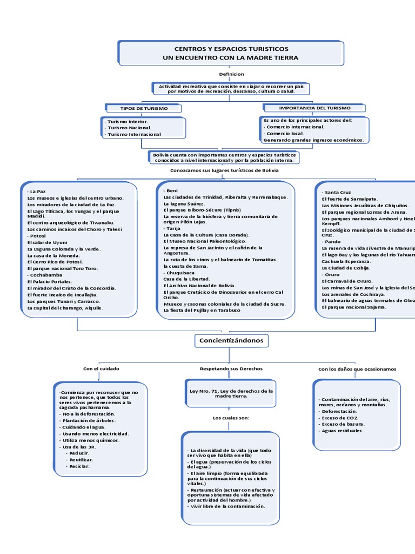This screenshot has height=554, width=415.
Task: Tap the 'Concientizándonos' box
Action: coord(231,340)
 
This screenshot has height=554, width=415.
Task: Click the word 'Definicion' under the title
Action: coord(231,74)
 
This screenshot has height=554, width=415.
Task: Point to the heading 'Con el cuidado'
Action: coord(101,368)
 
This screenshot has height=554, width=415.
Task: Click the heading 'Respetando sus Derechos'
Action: coord(231,368)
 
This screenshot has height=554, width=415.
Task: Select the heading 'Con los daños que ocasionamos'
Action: coord(357,368)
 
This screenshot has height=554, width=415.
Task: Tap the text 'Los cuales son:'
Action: coord(231,418)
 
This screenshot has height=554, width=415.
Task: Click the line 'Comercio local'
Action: coord(284,133)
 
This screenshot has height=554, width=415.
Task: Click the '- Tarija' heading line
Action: coord(173,229)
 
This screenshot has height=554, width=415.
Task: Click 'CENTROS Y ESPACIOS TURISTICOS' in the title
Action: coord(231,49)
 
